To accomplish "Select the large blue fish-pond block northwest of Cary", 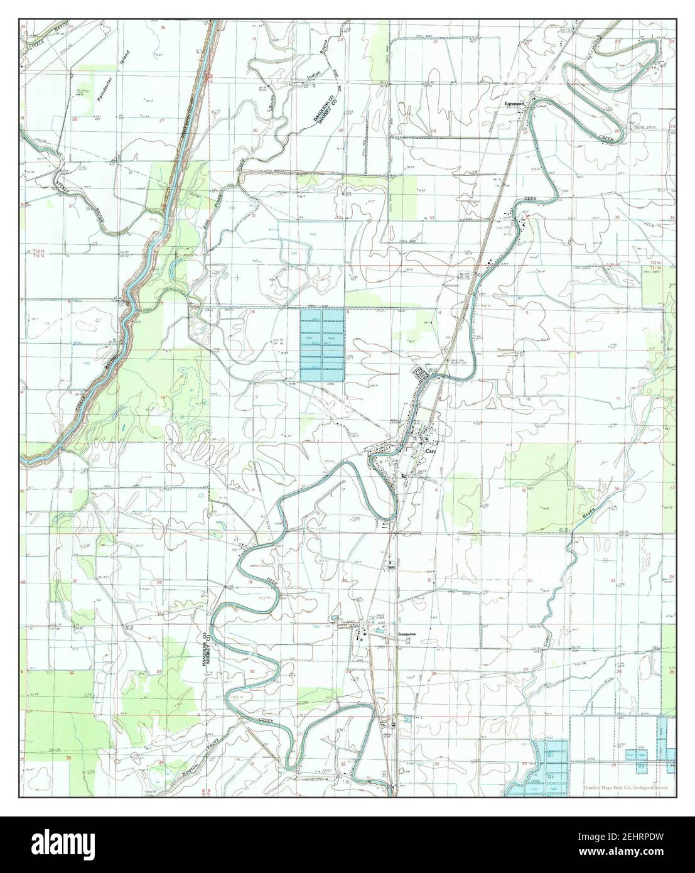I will tap(322, 345).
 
